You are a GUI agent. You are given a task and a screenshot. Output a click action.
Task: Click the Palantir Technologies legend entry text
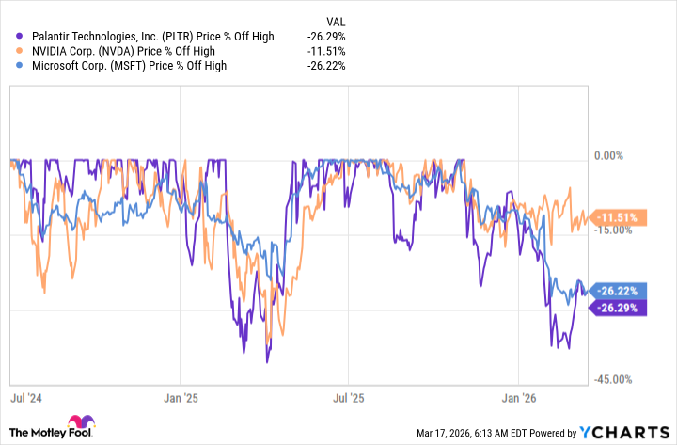[152, 37]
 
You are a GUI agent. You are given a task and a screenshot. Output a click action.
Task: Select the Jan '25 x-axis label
[181, 398]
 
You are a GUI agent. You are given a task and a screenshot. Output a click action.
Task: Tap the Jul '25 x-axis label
[349, 398]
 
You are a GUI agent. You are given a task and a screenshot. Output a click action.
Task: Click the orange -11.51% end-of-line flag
[621, 217]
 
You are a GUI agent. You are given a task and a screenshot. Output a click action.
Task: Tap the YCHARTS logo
[624, 432]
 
